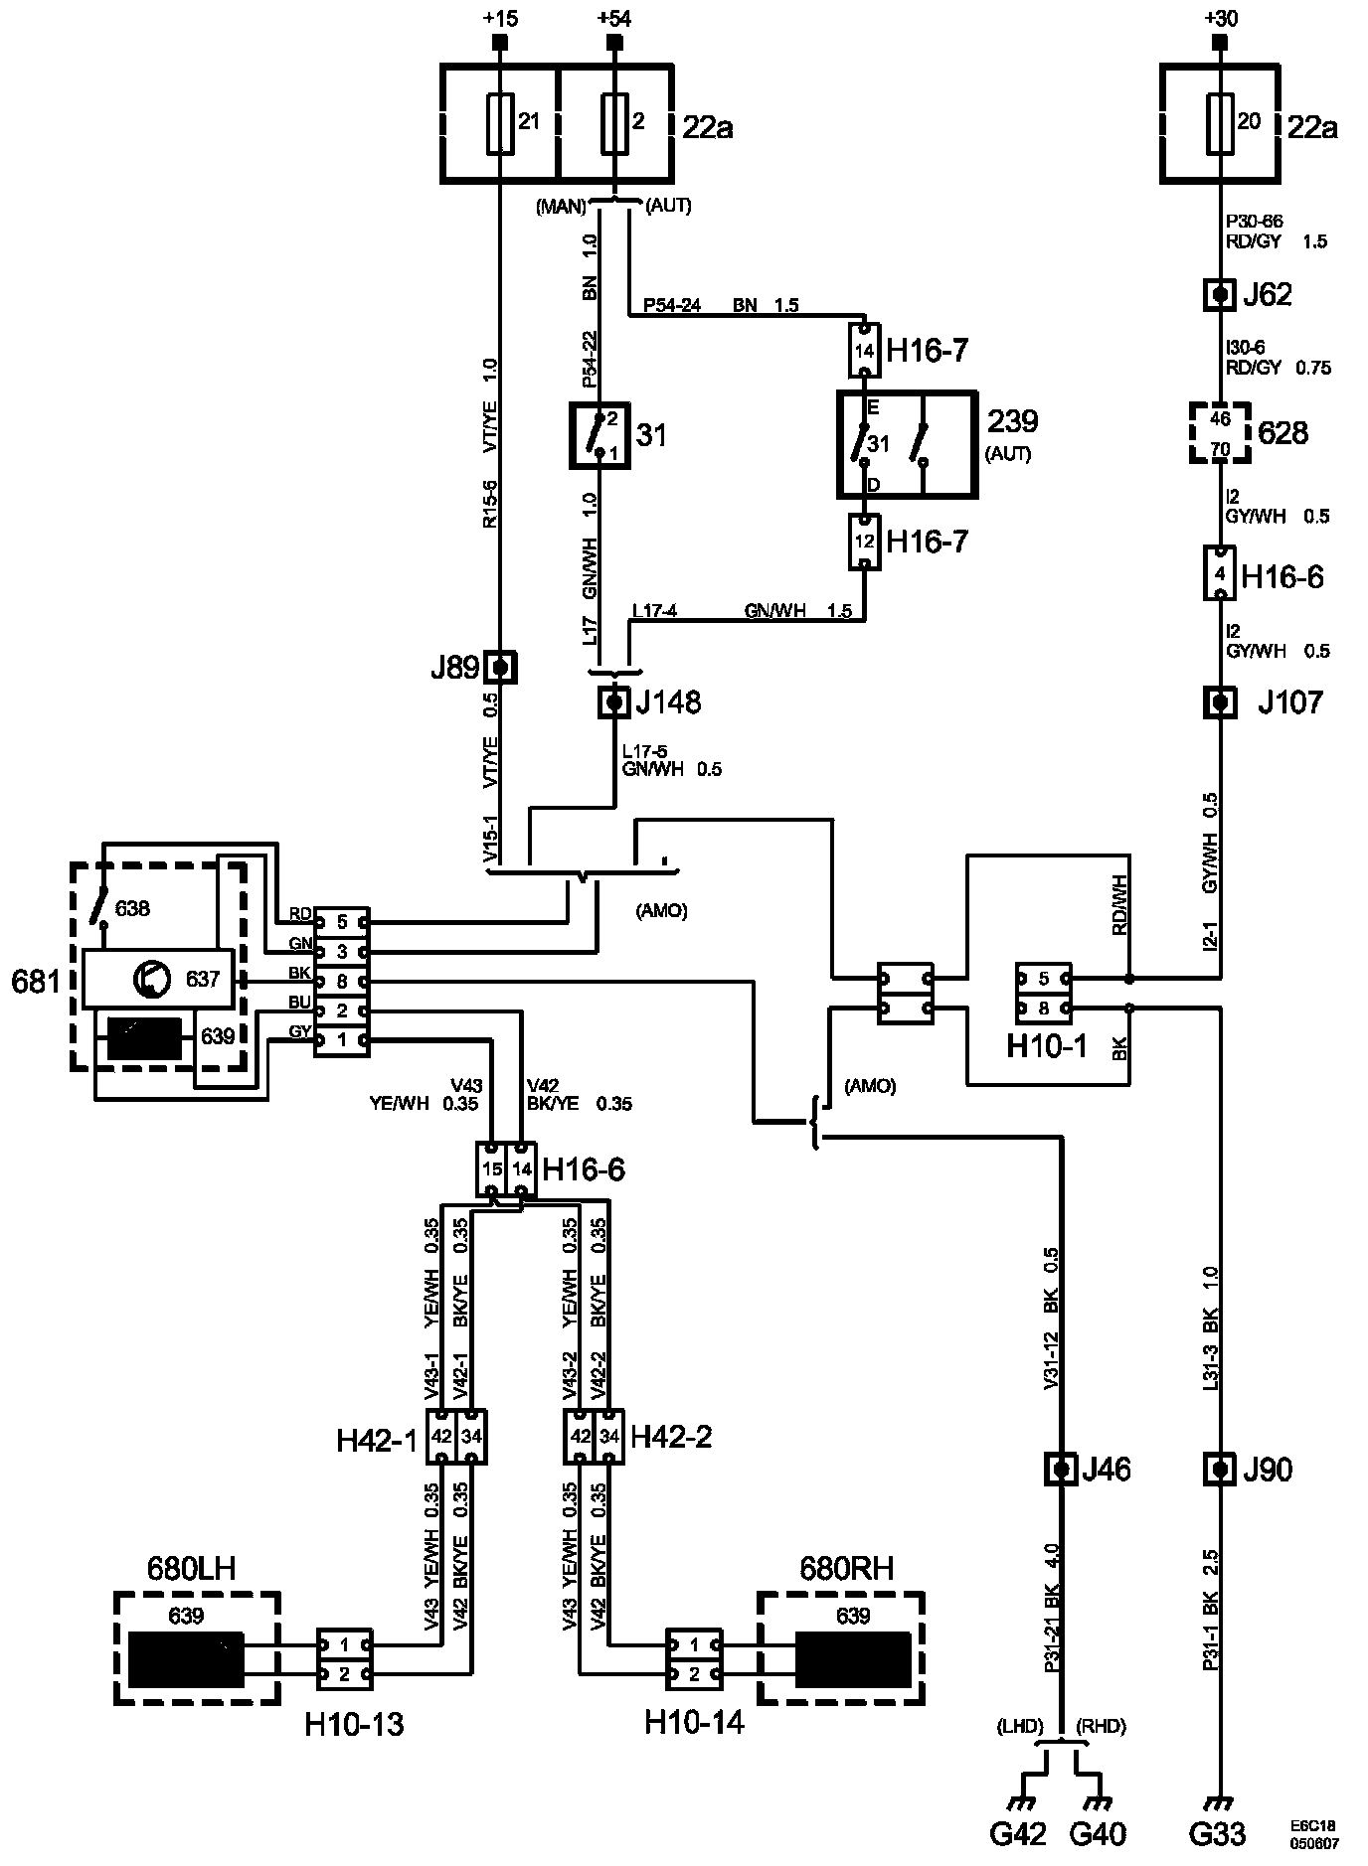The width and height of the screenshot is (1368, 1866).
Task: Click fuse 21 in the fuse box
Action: tap(501, 123)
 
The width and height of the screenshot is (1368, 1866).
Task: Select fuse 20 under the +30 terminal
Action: tap(1220, 123)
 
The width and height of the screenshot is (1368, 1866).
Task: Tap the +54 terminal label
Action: tap(614, 18)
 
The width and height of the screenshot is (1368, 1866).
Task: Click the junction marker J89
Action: tap(501, 667)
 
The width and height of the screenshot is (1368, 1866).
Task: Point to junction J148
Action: tap(614, 703)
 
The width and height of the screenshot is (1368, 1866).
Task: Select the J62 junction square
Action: tap(1220, 295)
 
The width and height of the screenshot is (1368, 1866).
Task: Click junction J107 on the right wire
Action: tap(1220, 703)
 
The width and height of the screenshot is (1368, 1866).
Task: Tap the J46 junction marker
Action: tap(1062, 1469)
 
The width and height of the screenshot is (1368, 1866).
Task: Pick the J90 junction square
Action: tap(1220, 1469)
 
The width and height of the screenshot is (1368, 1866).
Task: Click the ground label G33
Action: tap(1217, 1833)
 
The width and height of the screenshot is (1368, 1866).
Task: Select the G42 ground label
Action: tap(1019, 1833)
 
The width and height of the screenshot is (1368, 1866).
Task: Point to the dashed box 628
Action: tap(1220, 433)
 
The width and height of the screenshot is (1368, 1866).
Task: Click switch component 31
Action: tap(601, 435)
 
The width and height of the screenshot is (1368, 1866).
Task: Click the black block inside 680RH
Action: tap(853, 1660)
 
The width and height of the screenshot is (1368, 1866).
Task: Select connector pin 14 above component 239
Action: tap(865, 351)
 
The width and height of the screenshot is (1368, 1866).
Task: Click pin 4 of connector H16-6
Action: tap(1220, 573)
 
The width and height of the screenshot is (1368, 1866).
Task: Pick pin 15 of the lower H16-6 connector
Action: tap(492, 1168)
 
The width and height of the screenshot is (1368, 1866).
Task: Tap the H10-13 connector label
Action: tap(354, 1724)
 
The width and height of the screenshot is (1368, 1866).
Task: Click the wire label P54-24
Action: tap(672, 305)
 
